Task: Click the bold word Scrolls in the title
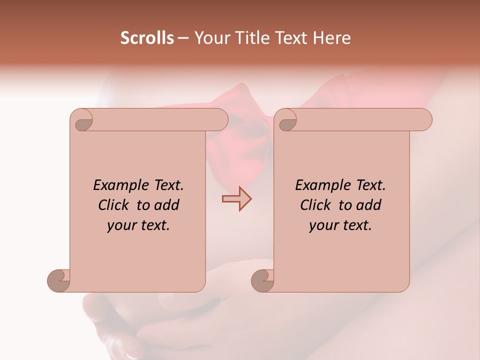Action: pos(147,38)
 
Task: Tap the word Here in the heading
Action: pos(331,38)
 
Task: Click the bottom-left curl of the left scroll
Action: pos(58,280)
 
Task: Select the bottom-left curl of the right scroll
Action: pos(262,280)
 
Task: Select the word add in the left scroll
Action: pos(167,205)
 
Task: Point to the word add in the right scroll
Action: pos(369,205)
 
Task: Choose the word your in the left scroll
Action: pos(121,226)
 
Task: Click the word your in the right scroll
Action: pos(323,226)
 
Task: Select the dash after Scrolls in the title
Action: pos(183,38)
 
